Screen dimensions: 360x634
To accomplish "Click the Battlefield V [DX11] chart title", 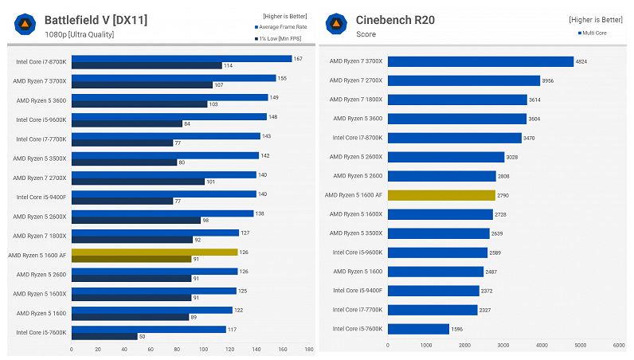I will (x=96, y=19).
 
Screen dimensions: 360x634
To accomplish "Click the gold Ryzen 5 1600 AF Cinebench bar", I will (x=440, y=195).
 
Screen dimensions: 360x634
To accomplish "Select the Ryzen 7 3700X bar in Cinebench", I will (x=480, y=61).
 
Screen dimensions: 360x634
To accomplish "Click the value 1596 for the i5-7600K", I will (x=457, y=329).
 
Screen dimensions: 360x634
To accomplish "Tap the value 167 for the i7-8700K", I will (x=299, y=58).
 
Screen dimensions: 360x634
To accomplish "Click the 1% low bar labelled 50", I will (x=104, y=336).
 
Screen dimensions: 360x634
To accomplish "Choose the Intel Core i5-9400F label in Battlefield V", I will (x=41, y=196).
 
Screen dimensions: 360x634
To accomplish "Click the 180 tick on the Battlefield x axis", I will (x=308, y=349).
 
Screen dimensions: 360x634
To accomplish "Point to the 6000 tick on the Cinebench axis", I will (x=619, y=346).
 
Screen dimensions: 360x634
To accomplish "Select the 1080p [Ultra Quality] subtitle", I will (x=79, y=34).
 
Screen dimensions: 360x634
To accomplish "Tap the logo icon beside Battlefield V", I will (x=25, y=25).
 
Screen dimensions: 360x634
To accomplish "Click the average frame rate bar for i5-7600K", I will (x=149, y=329).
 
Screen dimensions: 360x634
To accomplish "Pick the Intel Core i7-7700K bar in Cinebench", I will (x=432, y=310).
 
